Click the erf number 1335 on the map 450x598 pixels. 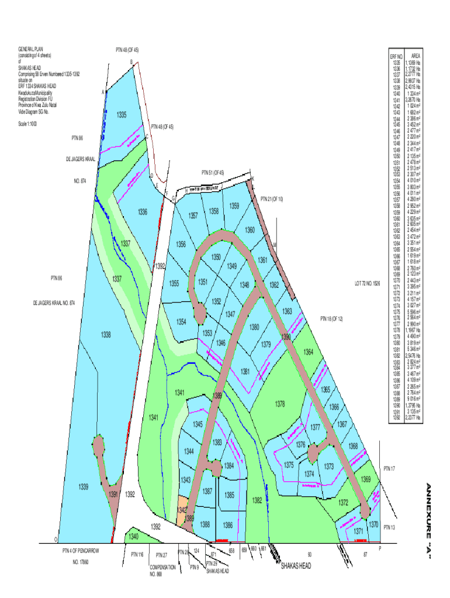click(122, 114)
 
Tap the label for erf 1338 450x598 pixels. click(106, 335)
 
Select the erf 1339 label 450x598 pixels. click(84, 486)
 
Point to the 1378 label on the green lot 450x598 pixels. click(280, 404)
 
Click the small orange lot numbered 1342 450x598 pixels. click(182, 509)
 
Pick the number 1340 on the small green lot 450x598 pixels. click(134, 536)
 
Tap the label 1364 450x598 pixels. click(309, 352)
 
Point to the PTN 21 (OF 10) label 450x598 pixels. click(272, 199)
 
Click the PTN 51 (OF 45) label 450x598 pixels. click(213, 173)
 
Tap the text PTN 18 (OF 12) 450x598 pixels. click(331, 319)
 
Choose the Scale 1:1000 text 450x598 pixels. click(28, 123)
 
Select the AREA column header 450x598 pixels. click(416, 56)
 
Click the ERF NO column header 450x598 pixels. click(397, 56)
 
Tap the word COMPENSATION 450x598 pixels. click(163, 566)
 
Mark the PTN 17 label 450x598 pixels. click(389, 468)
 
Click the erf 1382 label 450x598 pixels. click(257, 500)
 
